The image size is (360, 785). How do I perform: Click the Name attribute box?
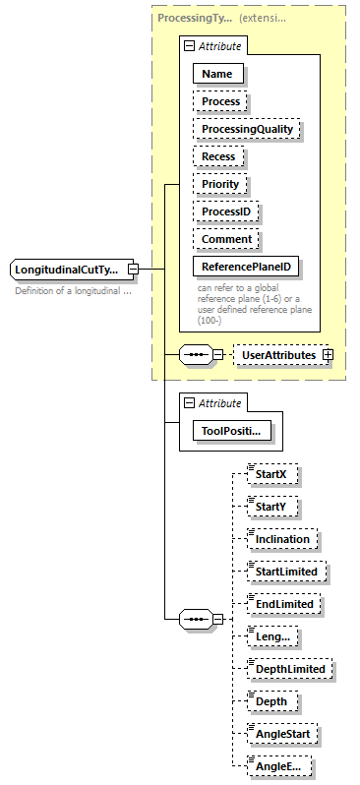(218, 74)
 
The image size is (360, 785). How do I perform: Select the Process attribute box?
(221, 101)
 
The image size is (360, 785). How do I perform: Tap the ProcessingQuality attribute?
(247, 129)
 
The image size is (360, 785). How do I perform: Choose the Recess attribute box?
(219, 156)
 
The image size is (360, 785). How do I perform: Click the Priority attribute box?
(221, 184)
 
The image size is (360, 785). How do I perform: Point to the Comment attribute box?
(226, 239)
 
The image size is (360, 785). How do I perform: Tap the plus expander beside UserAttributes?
(328, 354)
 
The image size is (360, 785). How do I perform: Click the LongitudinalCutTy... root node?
(67, 269)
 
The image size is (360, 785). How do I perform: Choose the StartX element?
(270, 475)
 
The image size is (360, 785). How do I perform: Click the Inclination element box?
(283, 539)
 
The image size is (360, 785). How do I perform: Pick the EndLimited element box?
(284, 604)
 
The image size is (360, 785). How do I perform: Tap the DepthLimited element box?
(289, 669)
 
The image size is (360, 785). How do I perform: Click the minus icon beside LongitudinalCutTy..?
(133, 269)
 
